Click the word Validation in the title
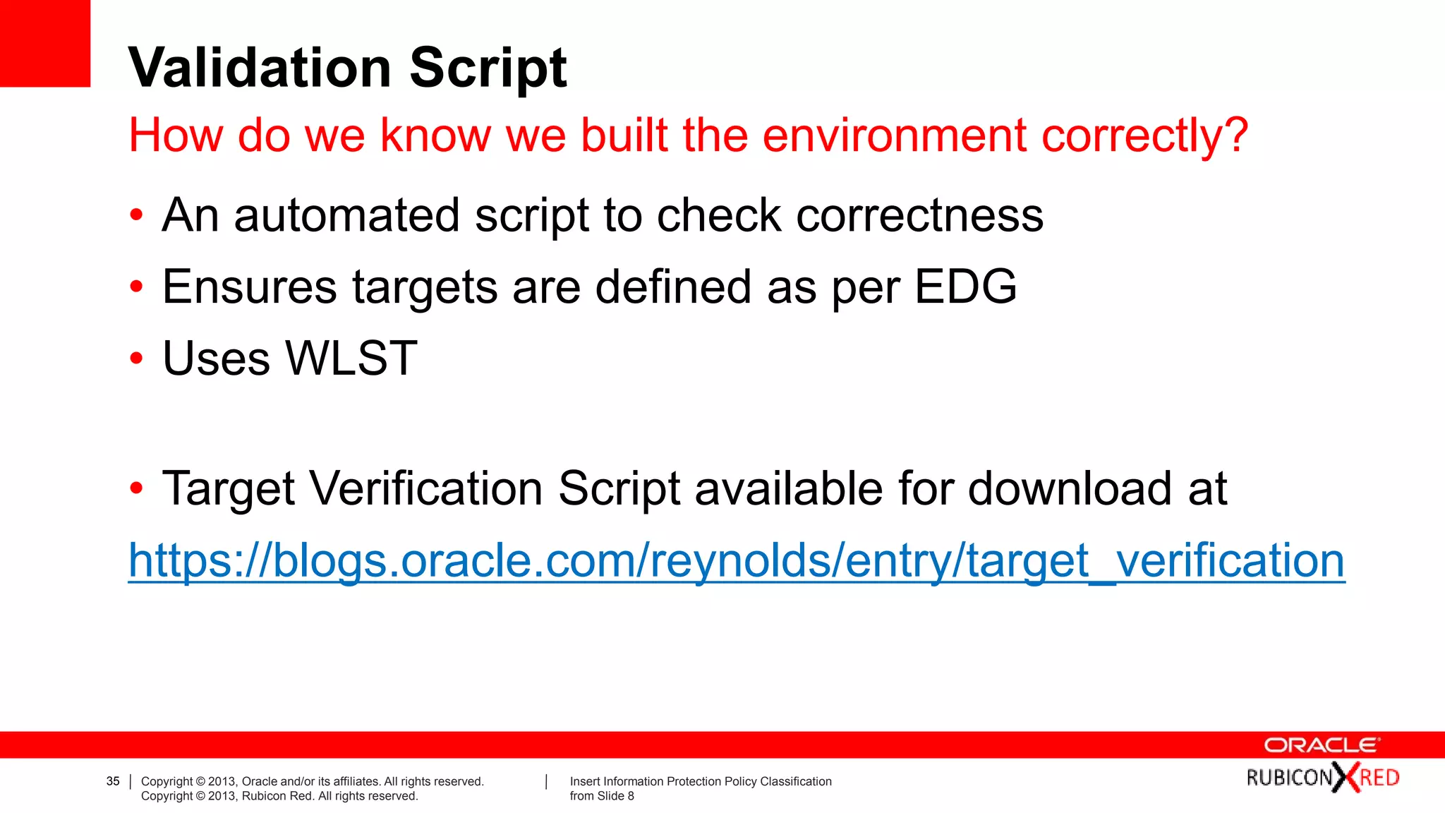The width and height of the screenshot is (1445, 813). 260,68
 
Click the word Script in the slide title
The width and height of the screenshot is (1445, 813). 488,69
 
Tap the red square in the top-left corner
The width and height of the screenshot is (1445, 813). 44,43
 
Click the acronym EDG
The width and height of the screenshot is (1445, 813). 965,287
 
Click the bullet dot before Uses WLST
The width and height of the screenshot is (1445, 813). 136,359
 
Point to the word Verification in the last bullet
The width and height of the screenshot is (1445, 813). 426,488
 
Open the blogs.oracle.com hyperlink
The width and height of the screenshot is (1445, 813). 737,561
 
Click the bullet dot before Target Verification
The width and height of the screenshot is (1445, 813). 136,488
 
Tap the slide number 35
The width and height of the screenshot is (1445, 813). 113,781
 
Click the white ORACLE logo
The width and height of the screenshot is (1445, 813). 1322,745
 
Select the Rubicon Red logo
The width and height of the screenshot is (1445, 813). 1322,778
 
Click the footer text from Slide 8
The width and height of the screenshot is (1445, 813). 602,796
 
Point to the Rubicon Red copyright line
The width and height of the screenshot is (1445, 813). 279,796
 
